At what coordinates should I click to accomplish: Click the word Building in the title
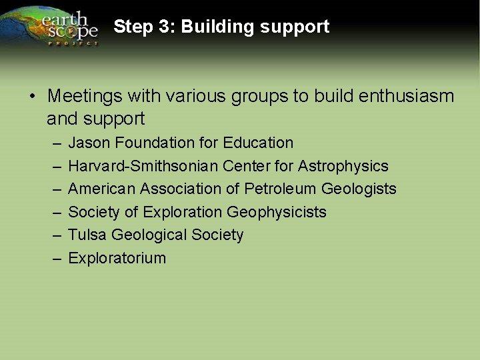coord(213,27)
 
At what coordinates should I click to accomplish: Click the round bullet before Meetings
coord(32,97)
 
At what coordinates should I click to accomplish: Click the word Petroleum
coord(281,189)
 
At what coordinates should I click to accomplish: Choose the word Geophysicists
coord(277,212)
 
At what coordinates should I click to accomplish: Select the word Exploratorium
coord(117,258)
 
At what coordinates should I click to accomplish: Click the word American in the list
coord(99,189)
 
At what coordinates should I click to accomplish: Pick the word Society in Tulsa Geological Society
coord(217,235)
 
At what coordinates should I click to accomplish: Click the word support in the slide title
coord(296,27)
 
